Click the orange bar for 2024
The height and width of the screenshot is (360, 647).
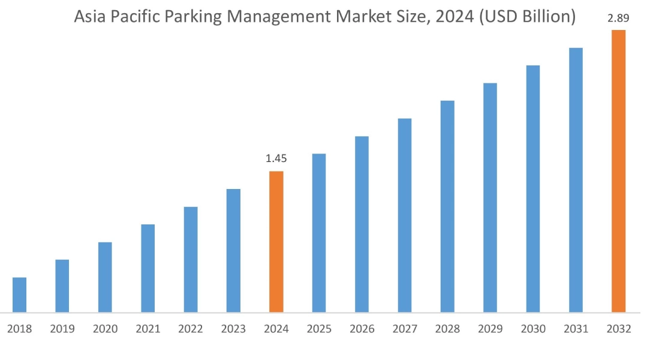pyautogui.click(x=276, y=242)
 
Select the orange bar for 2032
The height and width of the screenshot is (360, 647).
pyautogui.click(x=618, y=171)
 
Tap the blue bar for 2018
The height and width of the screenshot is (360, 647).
pyautogui.click(x=19, y=295)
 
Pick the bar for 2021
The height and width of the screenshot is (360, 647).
pyautogui.click(x=148, y=268)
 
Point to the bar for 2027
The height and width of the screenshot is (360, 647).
pyautogui.click(x=405, y=215)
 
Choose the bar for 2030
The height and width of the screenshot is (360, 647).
pyautogui.click(x=533, y=188)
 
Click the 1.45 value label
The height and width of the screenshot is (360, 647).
pyautogui.click(x=276, y=159)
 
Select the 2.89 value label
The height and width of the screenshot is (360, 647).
pyautogui.click(x=619, y=18)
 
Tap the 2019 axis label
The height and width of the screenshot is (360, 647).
pyautogui.click(x=62, y=329)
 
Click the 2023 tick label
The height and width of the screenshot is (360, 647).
pyautogui.click(x=233, y=329)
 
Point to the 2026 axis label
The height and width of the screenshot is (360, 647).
pyautogui.click(x=362, y=329)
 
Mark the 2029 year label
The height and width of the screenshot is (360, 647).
pyautogui.click(x=490, y=329)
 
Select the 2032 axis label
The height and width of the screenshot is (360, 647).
pyautogui.click(x=618, y=329)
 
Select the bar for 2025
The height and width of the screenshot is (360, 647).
pyautogui.click(x=319, y=233)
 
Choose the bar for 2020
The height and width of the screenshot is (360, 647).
pyautogui.click(x=105, y=277)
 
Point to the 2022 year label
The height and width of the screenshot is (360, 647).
pyautogui.click(x=191, y=329)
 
